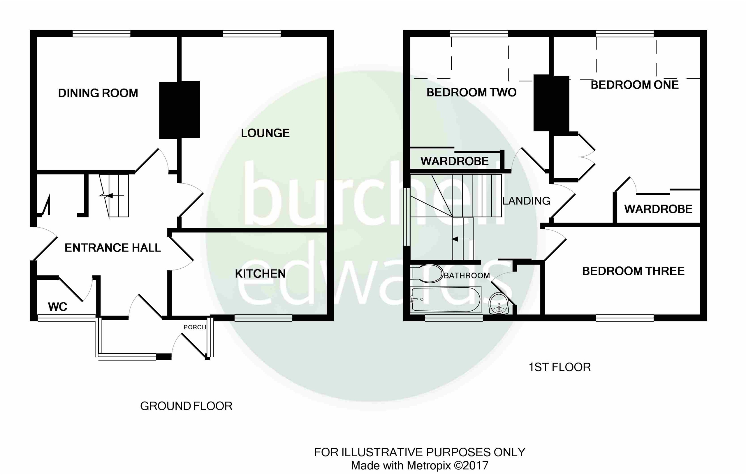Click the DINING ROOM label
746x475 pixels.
click(x=98, y=93)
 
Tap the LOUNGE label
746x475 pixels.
click(x=265, y=133)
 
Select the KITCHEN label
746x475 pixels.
click(x=260, y=274)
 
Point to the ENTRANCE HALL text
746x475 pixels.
click(x=112, y=248)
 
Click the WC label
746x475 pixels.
click(x=58, y=307)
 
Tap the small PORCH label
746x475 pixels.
click(x=195, y=327)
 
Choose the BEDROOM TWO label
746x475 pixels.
click(x=471, y=92)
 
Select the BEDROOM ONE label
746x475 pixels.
click(x=634, y=85)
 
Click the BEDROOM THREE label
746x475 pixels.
click(x=633, y=271)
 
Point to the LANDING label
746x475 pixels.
click(x=526, y=201)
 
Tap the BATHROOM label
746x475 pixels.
click(x=467, y=275)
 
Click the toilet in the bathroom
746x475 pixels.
click(x=427, y=273)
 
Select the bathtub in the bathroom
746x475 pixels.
click(x=446, y=299)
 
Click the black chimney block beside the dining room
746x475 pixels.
click(x=180, y=110)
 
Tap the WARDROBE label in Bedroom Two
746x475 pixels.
click(x=454, y=161)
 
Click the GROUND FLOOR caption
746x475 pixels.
click(x=186, y=406)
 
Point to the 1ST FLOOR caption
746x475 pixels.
click(x=559, y=367)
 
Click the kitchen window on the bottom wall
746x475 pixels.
click(x=263, y=318)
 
